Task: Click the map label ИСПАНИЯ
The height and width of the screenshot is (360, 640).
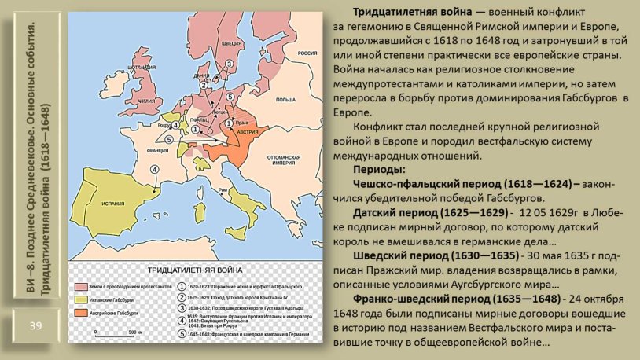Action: [x=113, y=204]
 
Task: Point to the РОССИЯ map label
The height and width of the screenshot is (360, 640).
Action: [x=306, y=53]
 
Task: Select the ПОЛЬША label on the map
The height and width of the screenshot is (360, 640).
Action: [x=285, y=101]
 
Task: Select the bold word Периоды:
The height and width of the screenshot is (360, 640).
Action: [x=379, y=171]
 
